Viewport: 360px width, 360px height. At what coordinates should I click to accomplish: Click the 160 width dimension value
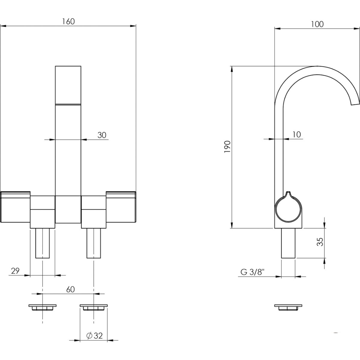click(x=68, y=21)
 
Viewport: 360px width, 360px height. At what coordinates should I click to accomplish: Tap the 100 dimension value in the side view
click(x=317, y=24)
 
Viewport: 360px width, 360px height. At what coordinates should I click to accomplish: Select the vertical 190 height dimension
click(x=227, y=147)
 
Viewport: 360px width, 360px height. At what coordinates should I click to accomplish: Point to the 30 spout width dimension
click(x=102, y=135)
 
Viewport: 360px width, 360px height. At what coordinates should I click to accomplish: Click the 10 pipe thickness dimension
click(x=296, y=134)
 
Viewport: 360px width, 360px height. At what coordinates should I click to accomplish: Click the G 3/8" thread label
click(x=252, y=272)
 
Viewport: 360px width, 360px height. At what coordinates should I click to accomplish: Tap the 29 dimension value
click(x=15, y=271)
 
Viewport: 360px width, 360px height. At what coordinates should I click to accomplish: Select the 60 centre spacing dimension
click(x=70, y=289)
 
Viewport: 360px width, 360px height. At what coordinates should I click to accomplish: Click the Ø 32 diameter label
click(x=94, y=336)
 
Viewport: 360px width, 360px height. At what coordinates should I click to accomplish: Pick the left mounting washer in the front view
click(x=42, y=307)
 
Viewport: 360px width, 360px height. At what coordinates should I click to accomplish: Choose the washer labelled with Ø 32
click(x=94, y=307)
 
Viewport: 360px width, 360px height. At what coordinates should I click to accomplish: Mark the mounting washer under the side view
click(x=288, y=307)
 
